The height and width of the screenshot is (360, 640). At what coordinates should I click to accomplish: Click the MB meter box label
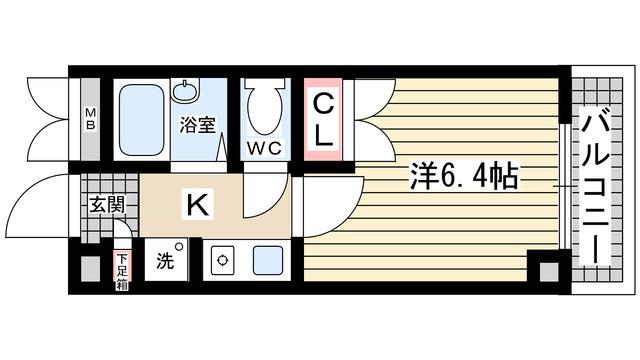coord(89,118)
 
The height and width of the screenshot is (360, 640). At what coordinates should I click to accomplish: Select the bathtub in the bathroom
coord(139,119)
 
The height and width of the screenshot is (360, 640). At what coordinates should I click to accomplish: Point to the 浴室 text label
coord(196,126)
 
